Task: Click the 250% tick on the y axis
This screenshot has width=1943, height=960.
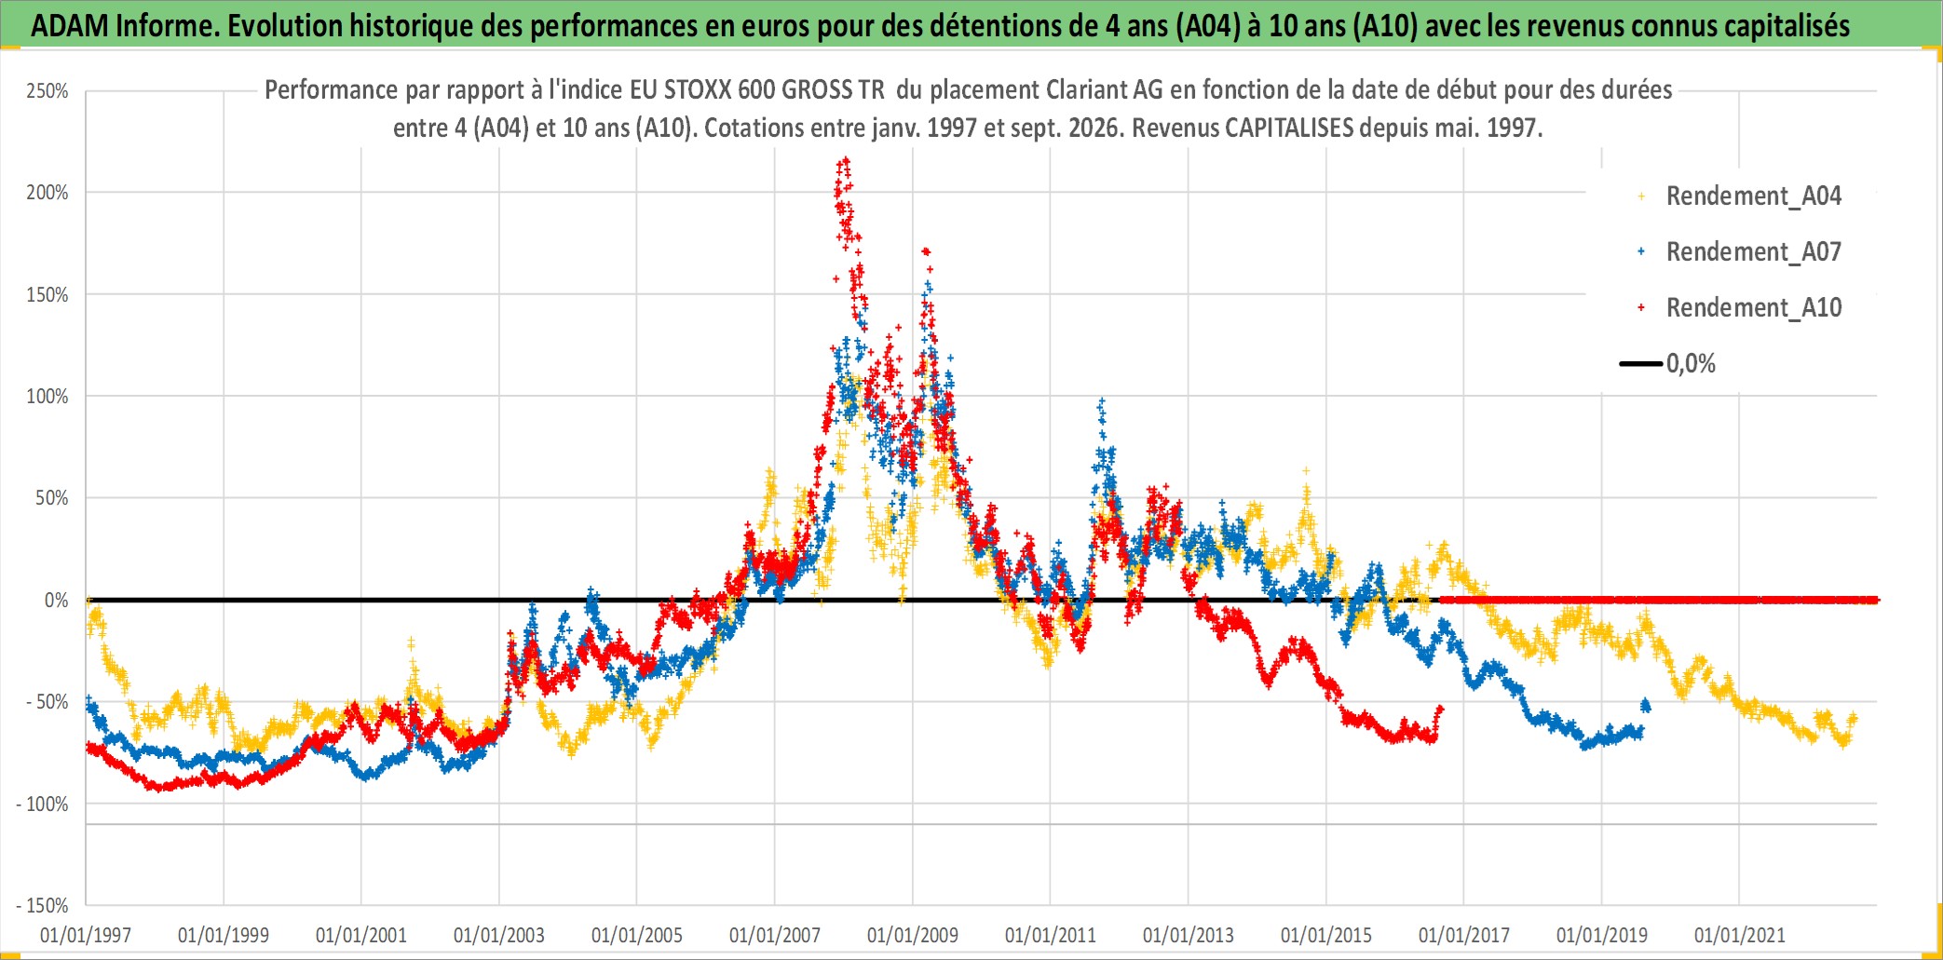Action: (x=48, y=91)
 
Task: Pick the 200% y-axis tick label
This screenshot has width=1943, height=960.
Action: (x=48, y=193)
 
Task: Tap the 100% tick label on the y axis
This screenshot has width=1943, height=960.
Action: (x=48, y=397)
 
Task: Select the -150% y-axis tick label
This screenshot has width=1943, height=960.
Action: (x=43, y=906)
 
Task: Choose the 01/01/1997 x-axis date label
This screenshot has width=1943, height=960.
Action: (x=86, y=935)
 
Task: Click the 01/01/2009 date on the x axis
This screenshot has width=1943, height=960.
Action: (x=913, y=935)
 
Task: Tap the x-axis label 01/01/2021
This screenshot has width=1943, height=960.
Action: (x=1740, y=935)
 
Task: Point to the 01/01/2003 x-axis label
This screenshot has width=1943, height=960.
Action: (x=499, y=935)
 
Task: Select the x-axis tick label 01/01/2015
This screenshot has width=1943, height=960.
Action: (x=1326, y=935)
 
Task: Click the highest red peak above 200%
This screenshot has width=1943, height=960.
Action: (x=845, y=159)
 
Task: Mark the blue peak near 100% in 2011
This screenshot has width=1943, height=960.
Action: (x=1102, y=400)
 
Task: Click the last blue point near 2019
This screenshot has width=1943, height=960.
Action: (x=1647, y=706)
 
